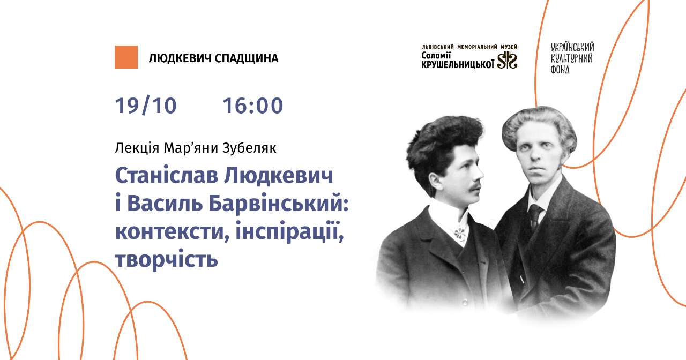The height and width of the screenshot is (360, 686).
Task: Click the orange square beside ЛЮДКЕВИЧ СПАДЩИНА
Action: [x=126, y=57]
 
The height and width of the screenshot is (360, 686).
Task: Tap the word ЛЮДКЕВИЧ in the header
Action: [x=180, y=58]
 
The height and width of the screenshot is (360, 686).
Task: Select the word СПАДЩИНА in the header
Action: [x=247, y=58]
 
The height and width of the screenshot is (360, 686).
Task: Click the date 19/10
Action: [x=146, y=106]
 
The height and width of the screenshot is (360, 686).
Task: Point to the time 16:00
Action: [x=253, y=106]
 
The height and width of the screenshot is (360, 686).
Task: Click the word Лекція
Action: [x=137, y=148]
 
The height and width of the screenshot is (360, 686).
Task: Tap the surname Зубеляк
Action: [x=249, y=148]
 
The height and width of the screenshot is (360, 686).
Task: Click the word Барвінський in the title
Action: [x=279, y=204]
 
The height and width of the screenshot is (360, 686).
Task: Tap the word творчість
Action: [x=166, y=259]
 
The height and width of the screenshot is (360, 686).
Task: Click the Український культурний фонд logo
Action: [x=572, y=58]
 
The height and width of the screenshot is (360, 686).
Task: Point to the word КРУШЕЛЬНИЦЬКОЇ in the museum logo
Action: [x=458, y=64]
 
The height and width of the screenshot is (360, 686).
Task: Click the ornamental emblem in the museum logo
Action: [x=507, y=60]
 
